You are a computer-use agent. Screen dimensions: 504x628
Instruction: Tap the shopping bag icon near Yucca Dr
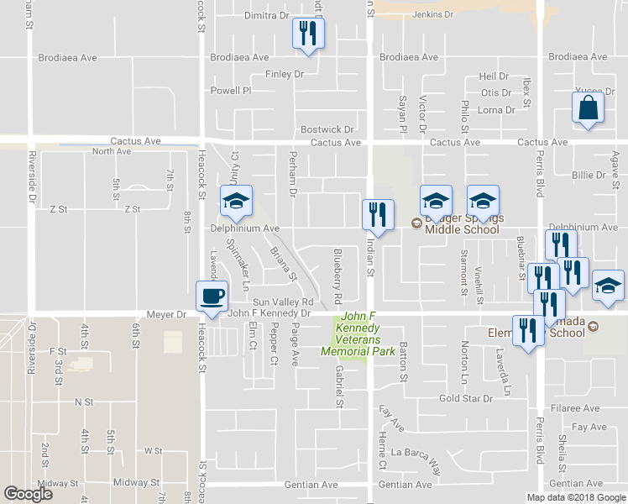[x=588, y=108]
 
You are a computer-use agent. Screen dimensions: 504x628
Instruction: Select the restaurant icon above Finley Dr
[x=307, y=34]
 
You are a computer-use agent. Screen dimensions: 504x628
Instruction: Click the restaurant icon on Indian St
[x=376, y=214]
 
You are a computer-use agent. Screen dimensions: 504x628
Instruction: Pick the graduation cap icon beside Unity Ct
[x=236, y=201]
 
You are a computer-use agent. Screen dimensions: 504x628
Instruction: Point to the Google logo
[x=28, y=494]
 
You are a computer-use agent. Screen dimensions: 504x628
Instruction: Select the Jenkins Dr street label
[x=434, y=14]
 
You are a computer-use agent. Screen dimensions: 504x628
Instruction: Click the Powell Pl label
[x=231, y=91]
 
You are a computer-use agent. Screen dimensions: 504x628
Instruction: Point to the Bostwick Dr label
[x=327, y=129]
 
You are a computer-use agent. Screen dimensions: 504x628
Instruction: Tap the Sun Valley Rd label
[x=283, y=302]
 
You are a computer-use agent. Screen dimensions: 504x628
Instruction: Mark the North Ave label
[x=112, y=151]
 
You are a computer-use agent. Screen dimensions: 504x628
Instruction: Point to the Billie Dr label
[x=588, y=175]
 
